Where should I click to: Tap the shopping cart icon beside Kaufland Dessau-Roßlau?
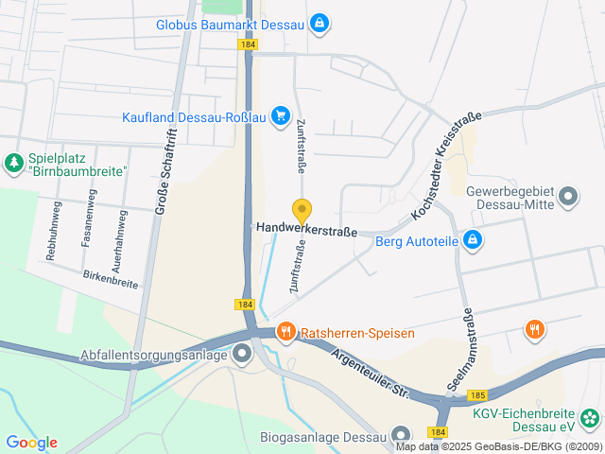pyautogui.click(x=280, y=116)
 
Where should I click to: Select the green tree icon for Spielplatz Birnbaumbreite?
pyautogui.click(x=13, y=164)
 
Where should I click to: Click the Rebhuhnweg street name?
pyautogui.click(x=53, y=231)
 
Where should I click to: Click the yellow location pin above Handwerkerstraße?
pyautogui.click(x=302, y=212)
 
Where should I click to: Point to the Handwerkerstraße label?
pyautogui.click(x=306, y=229)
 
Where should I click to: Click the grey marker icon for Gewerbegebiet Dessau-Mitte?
pyautogui.click(x=567, y=197)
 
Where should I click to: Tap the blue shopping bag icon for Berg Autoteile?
pyautogui.click(x=475, y=241)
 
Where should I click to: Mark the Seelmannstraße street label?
pyautogui.click(x=468, y=345)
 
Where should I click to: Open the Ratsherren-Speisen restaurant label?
pyautogui.click(x=348, y=333)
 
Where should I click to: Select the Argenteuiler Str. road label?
pyautogui.click(x=369, y=373)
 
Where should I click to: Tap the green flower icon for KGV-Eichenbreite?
pyautogui.click(x=590, y=418)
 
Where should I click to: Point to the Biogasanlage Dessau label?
pyautogui.click(x=322, y=437)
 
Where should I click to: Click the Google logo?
pyautogui.click(x=31, y=443)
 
